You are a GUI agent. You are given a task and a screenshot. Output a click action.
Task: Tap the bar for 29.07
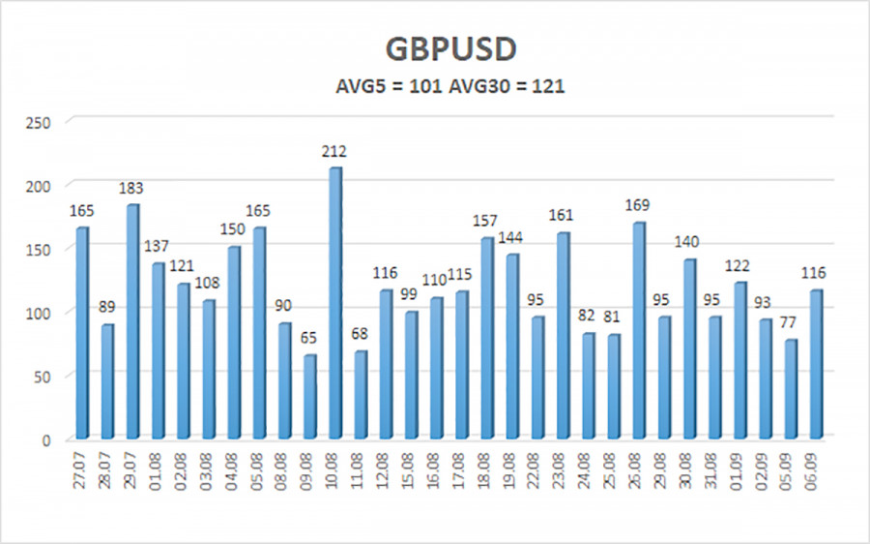(133, 319)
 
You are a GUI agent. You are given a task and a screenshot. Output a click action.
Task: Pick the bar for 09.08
(310, 397)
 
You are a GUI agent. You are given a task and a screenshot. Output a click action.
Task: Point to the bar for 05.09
(790, 389)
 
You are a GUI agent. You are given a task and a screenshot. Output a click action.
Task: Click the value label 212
(335, 151)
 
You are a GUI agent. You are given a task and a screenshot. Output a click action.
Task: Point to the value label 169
(638, 205)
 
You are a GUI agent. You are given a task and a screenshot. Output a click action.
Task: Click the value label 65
(310, 338)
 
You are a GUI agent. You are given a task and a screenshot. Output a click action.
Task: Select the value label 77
(790, 322)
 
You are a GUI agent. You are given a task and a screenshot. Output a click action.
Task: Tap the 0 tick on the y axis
(45, 439)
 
